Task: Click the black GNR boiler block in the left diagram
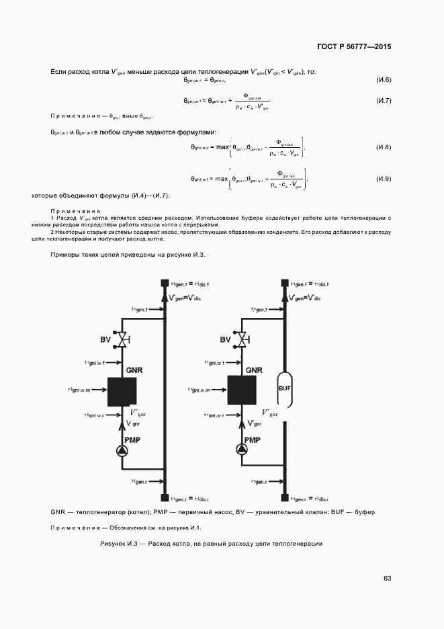tap(122, 391)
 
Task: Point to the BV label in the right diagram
tap(225, 340)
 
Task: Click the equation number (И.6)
tap(384, 81)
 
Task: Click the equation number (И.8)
tap(384, 146)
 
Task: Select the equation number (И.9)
tap(384, 179)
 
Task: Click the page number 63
tap(387, 578)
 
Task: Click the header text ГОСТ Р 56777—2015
tap(354, 47)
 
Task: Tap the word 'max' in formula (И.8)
tap(222, 146)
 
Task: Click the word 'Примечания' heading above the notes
tap(74, 210)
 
